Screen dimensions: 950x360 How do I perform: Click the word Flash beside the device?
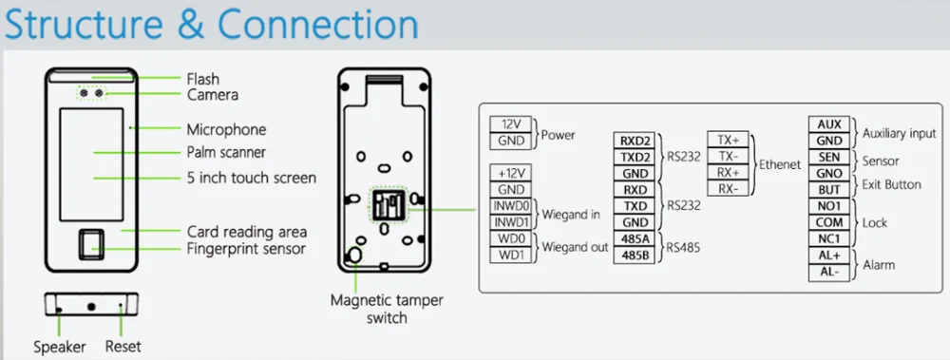[203, 80]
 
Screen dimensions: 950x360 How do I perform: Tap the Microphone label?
[226, 130]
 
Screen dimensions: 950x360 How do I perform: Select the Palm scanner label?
[226, 152]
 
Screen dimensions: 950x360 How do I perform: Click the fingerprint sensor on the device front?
[91, 245]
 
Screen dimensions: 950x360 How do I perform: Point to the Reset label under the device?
[123, 347]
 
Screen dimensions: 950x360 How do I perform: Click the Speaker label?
[59, 348]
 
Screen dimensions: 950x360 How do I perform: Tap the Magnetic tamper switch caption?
[387, 309]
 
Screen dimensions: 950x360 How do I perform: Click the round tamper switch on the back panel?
[355, 256]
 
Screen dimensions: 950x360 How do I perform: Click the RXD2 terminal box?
[635, 141]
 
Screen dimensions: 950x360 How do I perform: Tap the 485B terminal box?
[635, 256]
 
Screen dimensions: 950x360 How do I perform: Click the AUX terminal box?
[829, 124]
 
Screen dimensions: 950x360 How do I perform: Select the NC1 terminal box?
[829, 238]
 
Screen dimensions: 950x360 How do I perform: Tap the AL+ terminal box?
[829, 256]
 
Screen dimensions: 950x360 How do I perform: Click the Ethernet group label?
[781, 164]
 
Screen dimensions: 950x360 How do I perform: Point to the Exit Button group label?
[891, 185]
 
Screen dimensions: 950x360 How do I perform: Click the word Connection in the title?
[318, 25]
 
